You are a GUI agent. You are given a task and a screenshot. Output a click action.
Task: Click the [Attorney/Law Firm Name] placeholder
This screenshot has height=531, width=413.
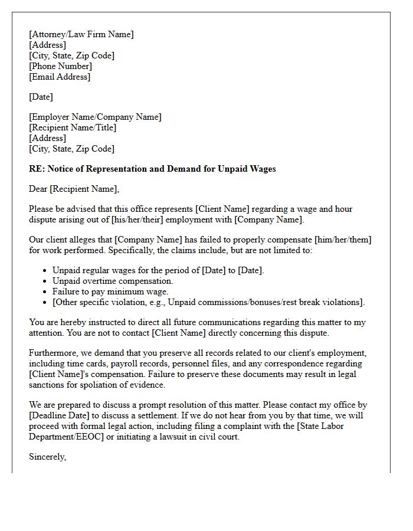click(x=81, y=34)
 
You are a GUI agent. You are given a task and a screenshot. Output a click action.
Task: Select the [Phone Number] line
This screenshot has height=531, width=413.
click(x=60, y=66)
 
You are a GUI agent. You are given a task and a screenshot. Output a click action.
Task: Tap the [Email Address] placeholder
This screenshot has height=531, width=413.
click(x=60, y=77)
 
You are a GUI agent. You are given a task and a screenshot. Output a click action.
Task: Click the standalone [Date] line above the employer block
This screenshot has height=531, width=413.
click(x=41, y=97)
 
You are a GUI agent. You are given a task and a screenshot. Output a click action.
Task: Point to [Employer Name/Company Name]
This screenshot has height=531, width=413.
click(x=95, y=117)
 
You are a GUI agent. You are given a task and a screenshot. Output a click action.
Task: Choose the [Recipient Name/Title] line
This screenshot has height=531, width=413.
click(x=73, y=127)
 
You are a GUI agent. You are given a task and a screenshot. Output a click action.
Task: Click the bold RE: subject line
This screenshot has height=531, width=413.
click(x=152, y=169)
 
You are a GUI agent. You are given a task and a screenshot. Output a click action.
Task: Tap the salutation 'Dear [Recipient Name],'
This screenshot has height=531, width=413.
click(x=74, y=189)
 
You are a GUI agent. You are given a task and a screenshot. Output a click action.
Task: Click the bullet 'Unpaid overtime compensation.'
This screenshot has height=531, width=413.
click(x=113, y=281)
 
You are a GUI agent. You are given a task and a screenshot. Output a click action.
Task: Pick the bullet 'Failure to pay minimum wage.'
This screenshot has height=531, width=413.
click(x=110, y=291)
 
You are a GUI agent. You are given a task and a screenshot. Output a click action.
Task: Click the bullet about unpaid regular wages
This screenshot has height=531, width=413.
click(x=158, y=270)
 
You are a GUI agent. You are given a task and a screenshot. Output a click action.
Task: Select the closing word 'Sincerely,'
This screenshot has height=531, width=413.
click(x=47, y=457)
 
